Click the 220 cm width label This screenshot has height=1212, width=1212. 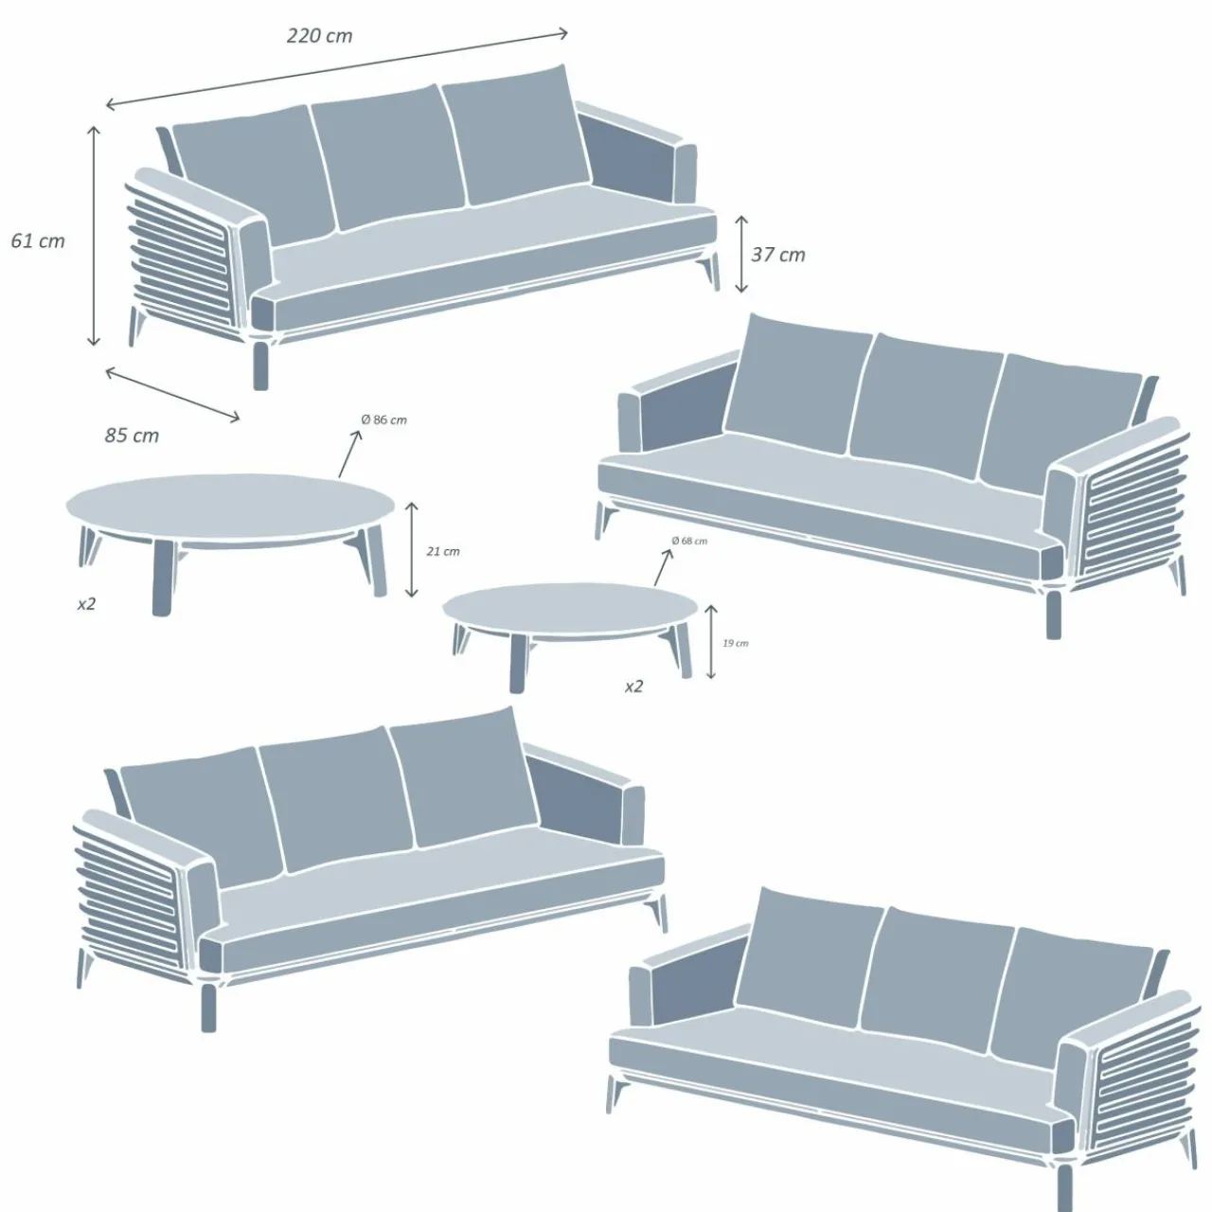(x=319, y=36)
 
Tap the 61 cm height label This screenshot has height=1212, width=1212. (x=38, y=241)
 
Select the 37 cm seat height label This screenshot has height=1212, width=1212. (x=778, y=254)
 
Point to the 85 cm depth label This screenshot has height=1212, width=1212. (x=132, y=436)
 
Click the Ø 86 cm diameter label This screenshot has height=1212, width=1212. (x=383, y=419)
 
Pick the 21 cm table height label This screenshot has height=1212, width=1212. (x=443, y=551)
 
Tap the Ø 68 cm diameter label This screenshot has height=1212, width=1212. (x=689, y=541)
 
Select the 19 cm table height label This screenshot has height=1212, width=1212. (x=735, y=643)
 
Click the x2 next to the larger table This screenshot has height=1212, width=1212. (x=86, y=603)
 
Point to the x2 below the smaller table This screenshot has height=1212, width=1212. (x=633, y=686)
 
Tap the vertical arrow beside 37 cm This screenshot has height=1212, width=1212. (x=741, y=254)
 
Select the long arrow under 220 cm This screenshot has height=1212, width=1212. (x=336, y=69)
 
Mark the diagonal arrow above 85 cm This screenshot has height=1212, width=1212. (x=172, y=394)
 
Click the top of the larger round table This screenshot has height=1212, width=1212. (x=230, y=508)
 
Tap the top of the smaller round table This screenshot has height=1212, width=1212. (x=571, y=611)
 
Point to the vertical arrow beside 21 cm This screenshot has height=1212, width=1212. (x=411, y=550)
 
